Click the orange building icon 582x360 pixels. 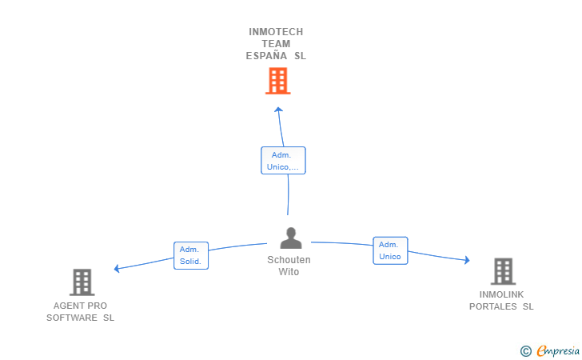pyautogui.click(x=277, y=81)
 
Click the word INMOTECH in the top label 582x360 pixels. pyautogui.click(x=276, y=32)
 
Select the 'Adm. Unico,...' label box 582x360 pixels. pyautogui.click(x=283, y=161)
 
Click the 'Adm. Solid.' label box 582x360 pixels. pyautogui.click(x=191, y=255)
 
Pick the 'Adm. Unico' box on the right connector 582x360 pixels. pyautogui.click(x=390, y=250)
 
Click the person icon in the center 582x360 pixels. pyautogui.click(x=290, y=238)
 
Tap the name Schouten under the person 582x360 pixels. pyautogui.click(x=289, y=260)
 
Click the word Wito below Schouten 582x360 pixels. pyautogui.click(x=289, y=272)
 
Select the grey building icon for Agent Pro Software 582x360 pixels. pyautogui.click(x=82, y=282)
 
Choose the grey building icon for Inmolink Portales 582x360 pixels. pyautogui.click(x=502, y=271)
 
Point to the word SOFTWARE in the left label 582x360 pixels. pyautogui.click(x=72, y=318)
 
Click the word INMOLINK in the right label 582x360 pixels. pyautogui.click(x=501, y=294)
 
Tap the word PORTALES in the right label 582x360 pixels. pyautogui.click(x=492, y=306)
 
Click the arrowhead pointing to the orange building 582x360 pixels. pyautogui.click(x=278, y=110)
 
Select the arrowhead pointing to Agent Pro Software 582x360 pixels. pyautogui.click(x=117, y=269)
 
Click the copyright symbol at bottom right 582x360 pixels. pyautogui.click(x=525, y=350)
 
